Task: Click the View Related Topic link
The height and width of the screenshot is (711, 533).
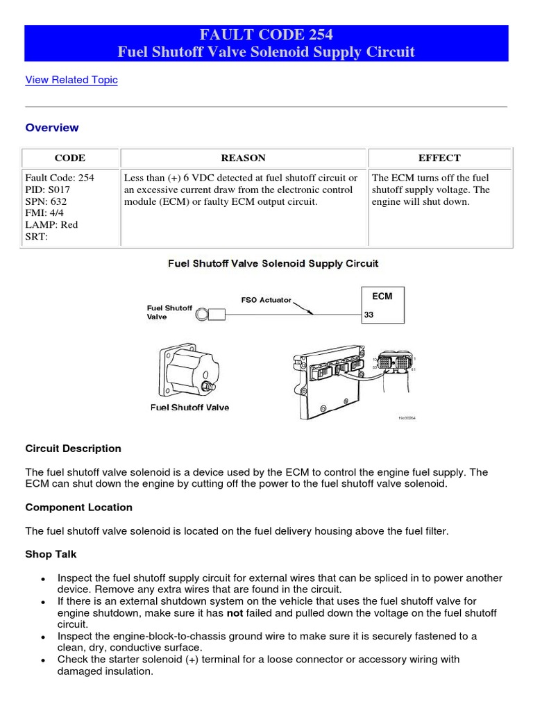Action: (x=71, y=80)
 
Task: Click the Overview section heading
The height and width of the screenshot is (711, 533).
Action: (x=52, y=128)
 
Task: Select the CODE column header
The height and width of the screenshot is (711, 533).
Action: (x=69, y=158)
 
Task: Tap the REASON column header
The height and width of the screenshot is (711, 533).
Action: (x=243, y=158)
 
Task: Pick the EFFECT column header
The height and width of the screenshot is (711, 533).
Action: (x=439, y=158)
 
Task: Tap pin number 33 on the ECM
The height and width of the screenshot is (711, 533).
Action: (x=369, y=315)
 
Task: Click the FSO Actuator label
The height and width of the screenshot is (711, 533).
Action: (x=266, y=300)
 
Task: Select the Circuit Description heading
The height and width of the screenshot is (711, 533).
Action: (x=73, y=449)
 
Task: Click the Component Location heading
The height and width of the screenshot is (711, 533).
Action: (x=78, y=508)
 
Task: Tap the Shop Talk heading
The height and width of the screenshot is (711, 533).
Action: (x=51, y=554)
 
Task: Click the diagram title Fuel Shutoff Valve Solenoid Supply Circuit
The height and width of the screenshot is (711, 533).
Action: (x=274, y=264)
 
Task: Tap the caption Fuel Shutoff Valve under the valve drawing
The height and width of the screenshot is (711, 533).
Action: (x=189, y=408)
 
